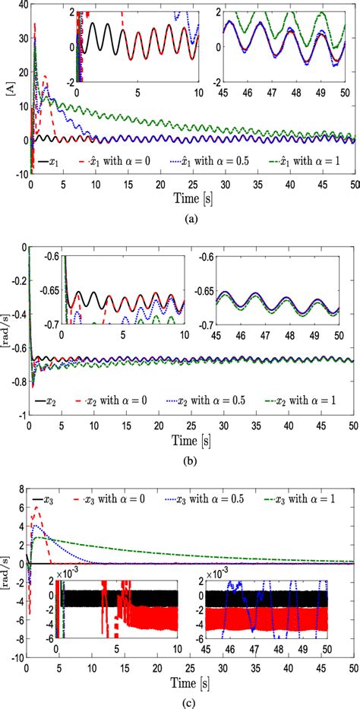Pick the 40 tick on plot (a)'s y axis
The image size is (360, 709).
point(21,6)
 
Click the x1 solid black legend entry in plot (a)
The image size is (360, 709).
point(51,162)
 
